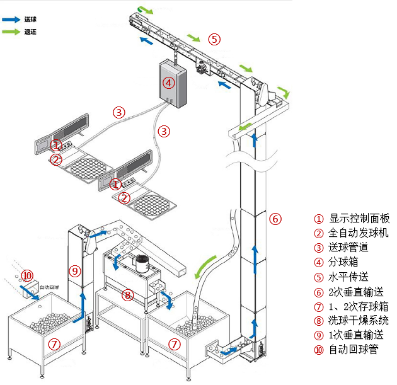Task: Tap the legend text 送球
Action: (30, 20)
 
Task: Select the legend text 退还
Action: (30, 31)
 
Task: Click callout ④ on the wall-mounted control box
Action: (168, 83)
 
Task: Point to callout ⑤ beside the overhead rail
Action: (214, 39)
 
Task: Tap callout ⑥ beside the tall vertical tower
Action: (275, 219)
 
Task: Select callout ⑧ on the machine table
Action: (128, 294)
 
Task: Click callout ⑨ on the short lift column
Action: (76, 272)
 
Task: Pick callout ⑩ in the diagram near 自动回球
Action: (26, 276)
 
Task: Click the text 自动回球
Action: (50, 287)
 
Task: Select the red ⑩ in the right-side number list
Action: (319, 350)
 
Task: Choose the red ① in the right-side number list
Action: (319, 220)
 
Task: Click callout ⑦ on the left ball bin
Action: (55, 344)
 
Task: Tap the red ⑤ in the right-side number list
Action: (319, 278)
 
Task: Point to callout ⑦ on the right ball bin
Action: (174, 344)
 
